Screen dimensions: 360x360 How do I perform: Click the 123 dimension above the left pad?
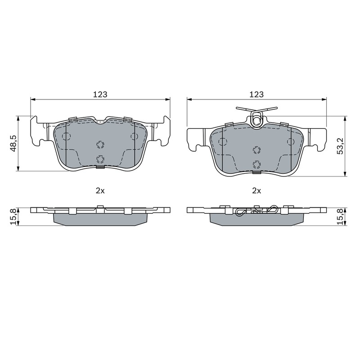[x=100, y=94]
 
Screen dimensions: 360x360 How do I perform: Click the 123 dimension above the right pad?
[x=256, y=94]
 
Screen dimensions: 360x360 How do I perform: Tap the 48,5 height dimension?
[x=13, y=144]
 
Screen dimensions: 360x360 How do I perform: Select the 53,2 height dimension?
[x=340, y=146]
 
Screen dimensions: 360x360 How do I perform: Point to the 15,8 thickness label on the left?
[x=13, y=216]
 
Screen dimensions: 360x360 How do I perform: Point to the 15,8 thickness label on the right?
[x=340, y=216]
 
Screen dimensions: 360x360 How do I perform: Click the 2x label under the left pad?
[x=100, y=190]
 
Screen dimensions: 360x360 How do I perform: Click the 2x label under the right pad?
[x=256, y=190]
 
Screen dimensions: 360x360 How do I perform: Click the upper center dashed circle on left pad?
[x=100, y=144]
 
